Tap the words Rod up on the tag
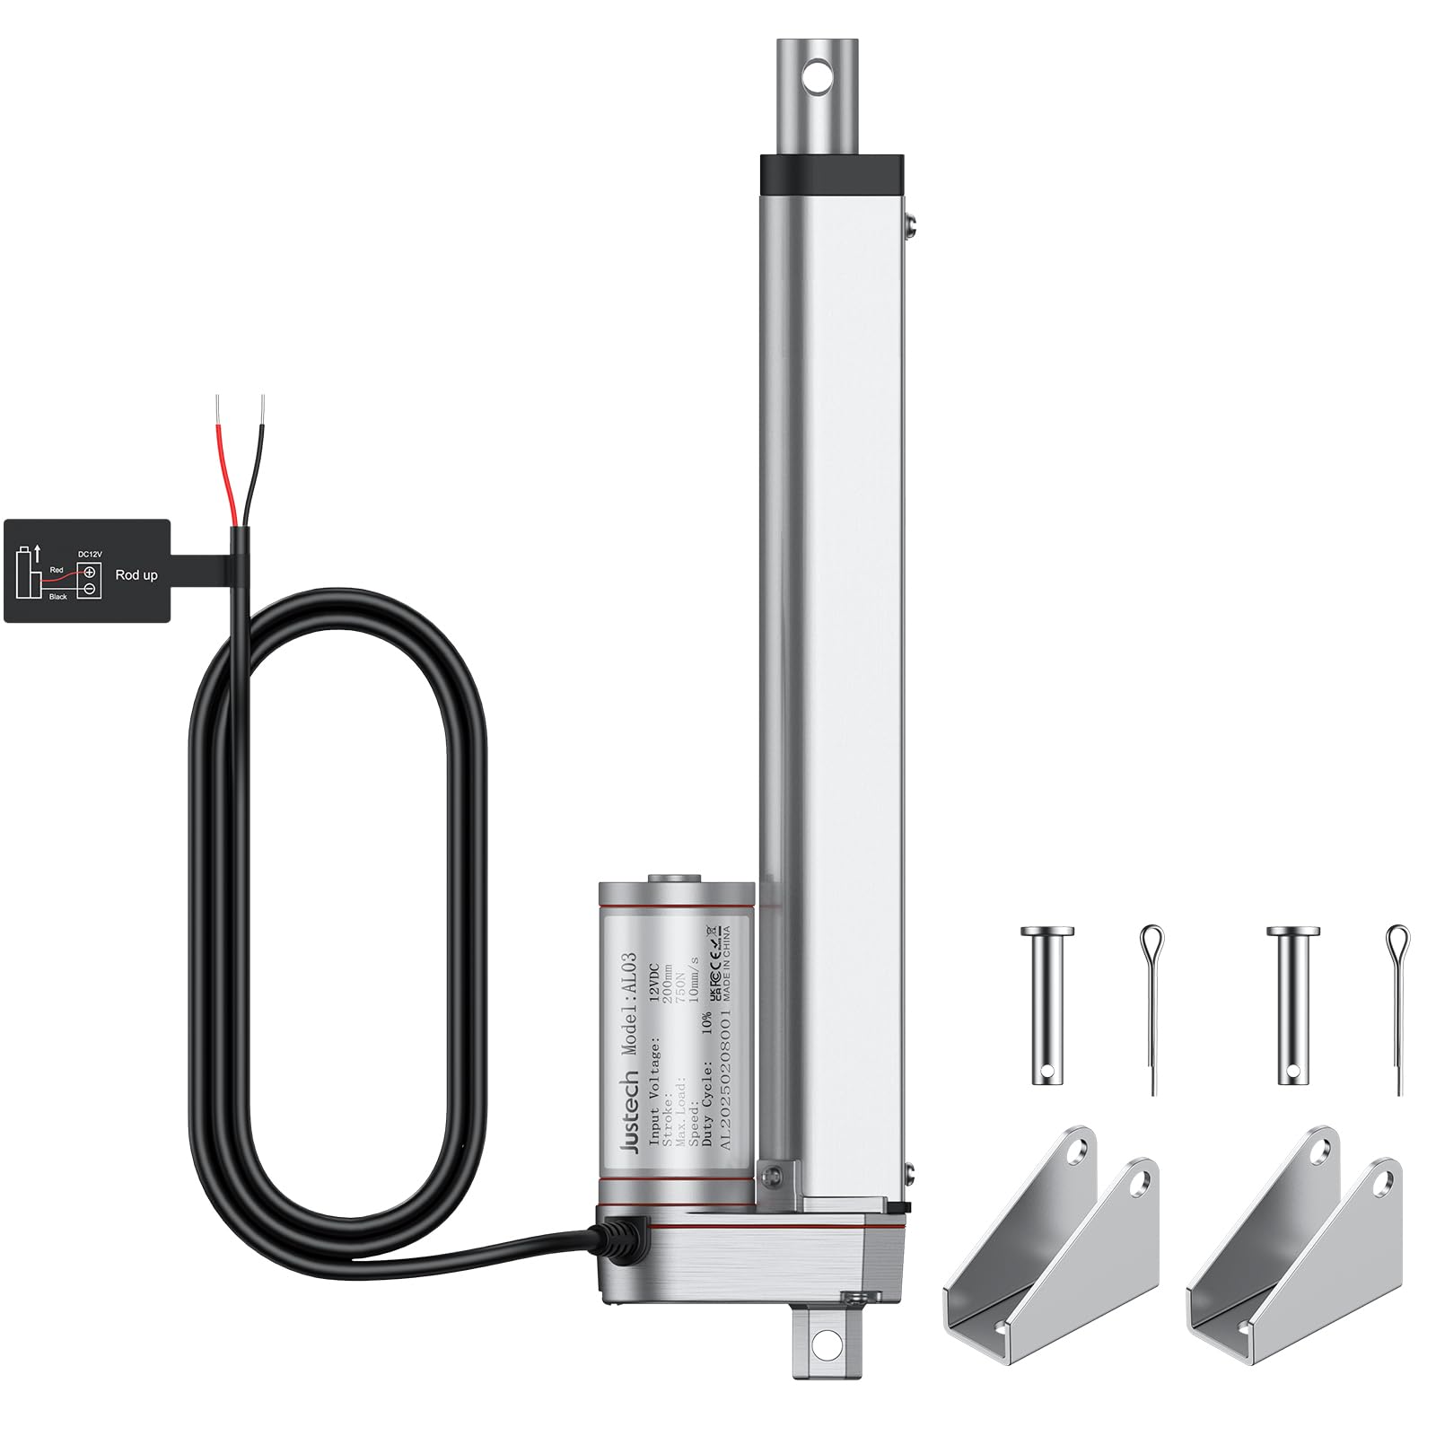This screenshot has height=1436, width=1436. point(136,574)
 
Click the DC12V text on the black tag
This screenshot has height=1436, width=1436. point(89,554)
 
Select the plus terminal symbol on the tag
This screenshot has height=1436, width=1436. point(90,572)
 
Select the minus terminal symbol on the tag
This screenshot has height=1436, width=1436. point(90,589)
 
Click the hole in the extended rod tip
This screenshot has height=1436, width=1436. point(817,76)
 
